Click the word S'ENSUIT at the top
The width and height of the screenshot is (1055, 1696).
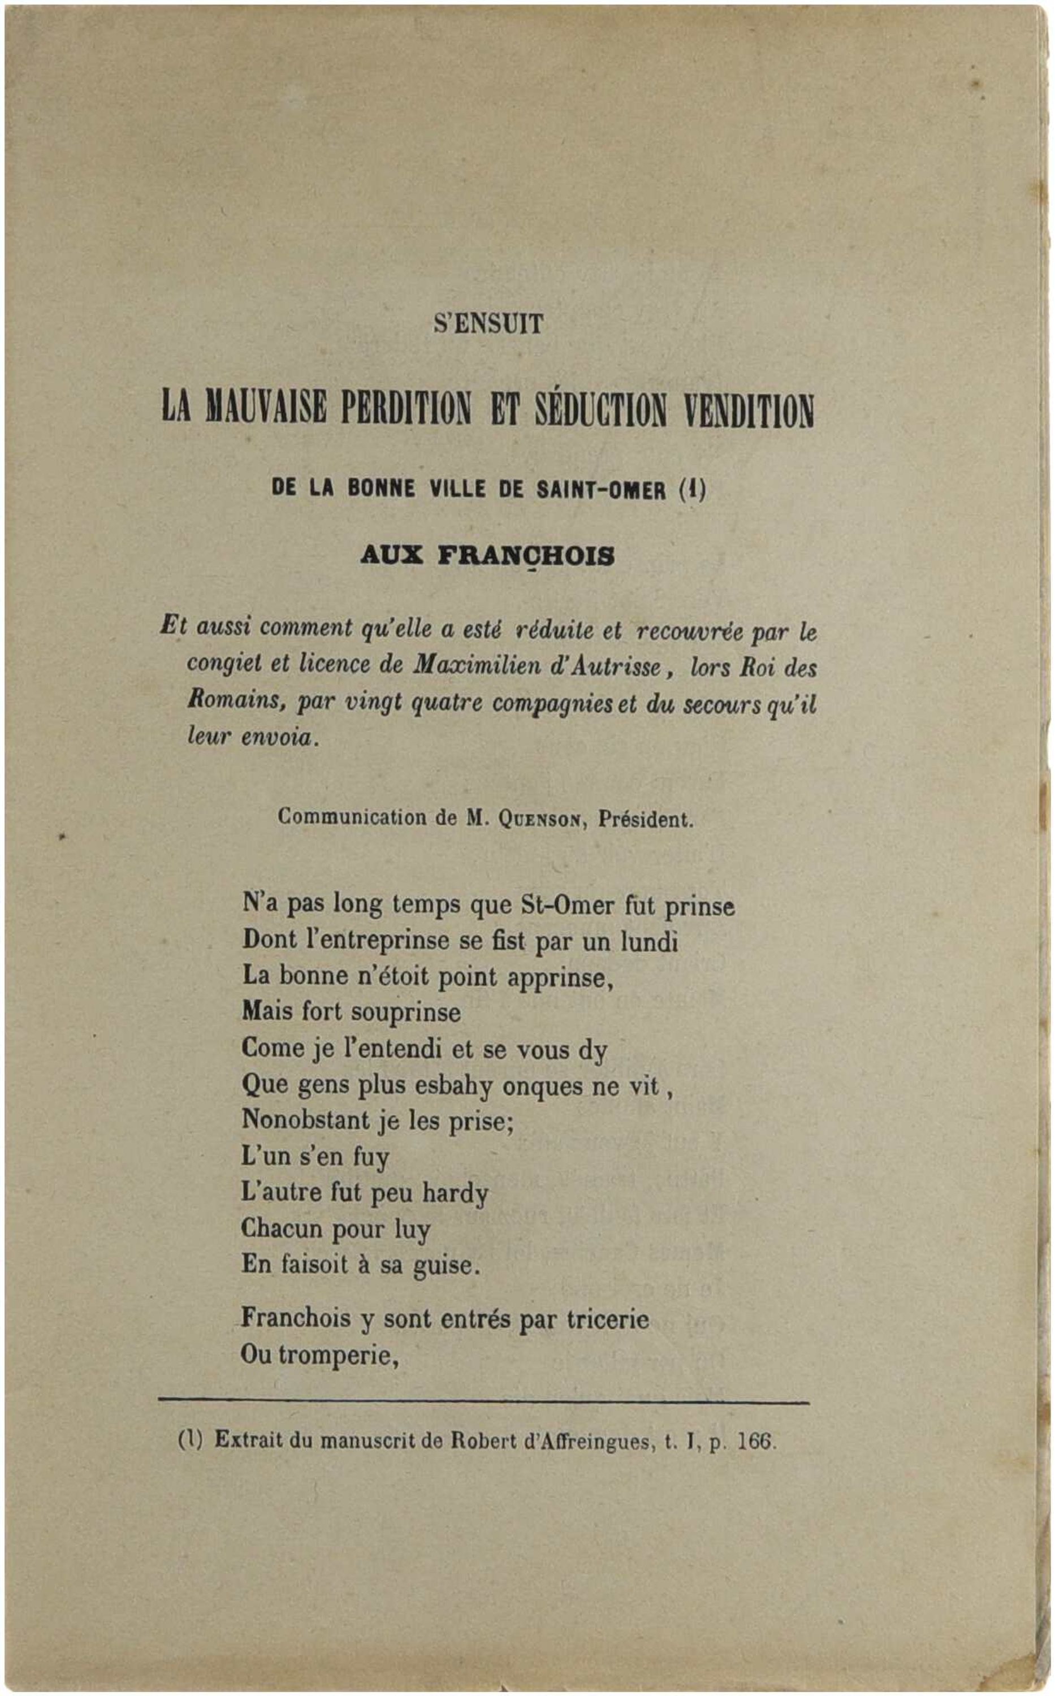click(488, 325)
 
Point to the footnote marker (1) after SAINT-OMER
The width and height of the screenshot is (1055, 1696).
click(692, 489)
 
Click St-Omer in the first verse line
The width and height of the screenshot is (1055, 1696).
click(567, 906)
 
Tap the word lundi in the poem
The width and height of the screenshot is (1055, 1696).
click(649, 942)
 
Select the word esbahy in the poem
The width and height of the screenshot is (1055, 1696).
click(453, 1085)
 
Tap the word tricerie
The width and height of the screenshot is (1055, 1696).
click(607, 1320)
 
